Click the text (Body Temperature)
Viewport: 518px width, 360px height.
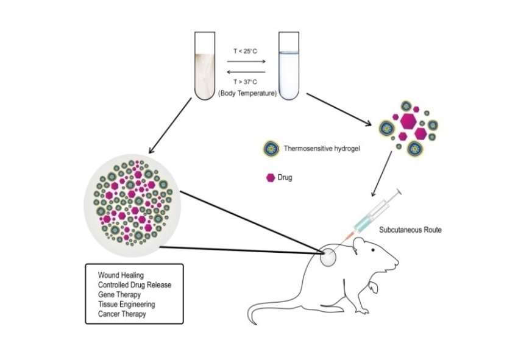(246, 94)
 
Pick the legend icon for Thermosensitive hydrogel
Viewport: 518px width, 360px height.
(271, 148)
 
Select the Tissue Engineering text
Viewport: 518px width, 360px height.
(126, 305)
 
